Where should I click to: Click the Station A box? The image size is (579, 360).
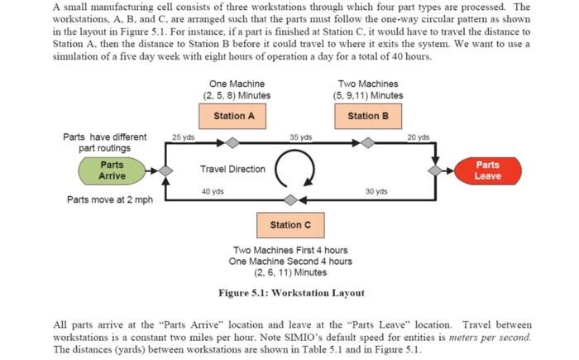click(x=234, y=116)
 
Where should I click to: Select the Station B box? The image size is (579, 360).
click(x=368, y=116)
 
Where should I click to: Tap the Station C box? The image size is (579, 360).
click(x=291, y=225)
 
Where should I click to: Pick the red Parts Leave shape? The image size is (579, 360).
click(x=487, y=170)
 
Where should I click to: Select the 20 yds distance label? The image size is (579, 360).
click(x=419, y=137)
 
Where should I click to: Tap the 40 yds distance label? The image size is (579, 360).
click(x=213, y=191)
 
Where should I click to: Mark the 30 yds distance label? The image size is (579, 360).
click(x=376, y=191)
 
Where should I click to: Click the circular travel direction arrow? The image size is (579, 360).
click(x=296, y=170)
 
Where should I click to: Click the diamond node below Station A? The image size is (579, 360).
click(x=234, y=143)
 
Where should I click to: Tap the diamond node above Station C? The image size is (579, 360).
click(x=291, y=199)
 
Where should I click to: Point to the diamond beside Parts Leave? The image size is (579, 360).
click(x=435, y=170)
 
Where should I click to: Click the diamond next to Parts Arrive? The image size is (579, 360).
click(x=165, y=170)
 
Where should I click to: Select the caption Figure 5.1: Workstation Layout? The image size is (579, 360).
click(x=290, y=292)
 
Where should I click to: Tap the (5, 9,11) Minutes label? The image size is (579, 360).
click(x=368, y=95)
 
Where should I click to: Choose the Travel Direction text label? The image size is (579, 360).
click(x=232, y=169)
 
